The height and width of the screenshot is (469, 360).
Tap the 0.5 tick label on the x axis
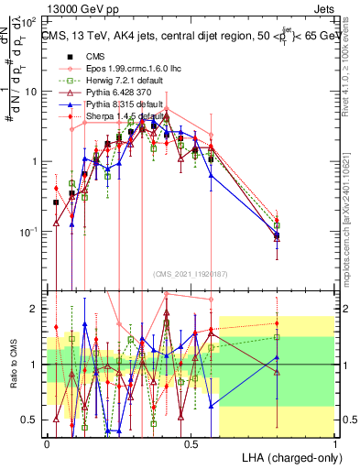tap(191, 443)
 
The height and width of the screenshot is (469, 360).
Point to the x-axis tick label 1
tap(334, 443)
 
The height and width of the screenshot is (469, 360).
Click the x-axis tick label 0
tap(47, 443)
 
